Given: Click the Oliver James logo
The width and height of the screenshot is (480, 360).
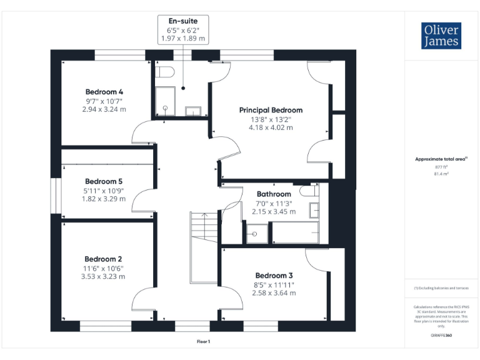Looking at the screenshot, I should (x=442, y=36).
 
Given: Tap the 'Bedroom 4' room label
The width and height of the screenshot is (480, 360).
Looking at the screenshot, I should (x=104, y=92).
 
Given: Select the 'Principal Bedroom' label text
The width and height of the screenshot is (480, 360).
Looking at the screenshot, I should (x=271, y=110).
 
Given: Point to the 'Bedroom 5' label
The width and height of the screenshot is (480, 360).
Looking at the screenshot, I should (x=104, y=181).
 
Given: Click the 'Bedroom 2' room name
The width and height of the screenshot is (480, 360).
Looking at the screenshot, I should (x=104, y=259).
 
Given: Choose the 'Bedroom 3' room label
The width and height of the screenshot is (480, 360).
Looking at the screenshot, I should (x=274, y=275).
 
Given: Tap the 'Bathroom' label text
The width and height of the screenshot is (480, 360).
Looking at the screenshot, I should (x=274, y=194).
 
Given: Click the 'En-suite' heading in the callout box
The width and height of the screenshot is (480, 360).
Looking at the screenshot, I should (x=182, y=21).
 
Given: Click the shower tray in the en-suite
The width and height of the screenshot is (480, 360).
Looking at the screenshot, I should (x=165, y=101).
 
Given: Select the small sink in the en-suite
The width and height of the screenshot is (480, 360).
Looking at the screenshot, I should (x=193, y=112).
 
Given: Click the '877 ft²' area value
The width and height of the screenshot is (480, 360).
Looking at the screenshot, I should (x=442, y=167).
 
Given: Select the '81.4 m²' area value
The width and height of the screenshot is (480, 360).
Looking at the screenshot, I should (x=442, y=174).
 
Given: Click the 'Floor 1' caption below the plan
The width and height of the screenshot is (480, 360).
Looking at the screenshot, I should (x=203, y=341).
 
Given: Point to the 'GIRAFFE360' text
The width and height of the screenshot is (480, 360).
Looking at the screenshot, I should (x=442, y=336).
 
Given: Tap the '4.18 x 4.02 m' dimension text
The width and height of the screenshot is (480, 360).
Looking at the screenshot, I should (x=271, y=127).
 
